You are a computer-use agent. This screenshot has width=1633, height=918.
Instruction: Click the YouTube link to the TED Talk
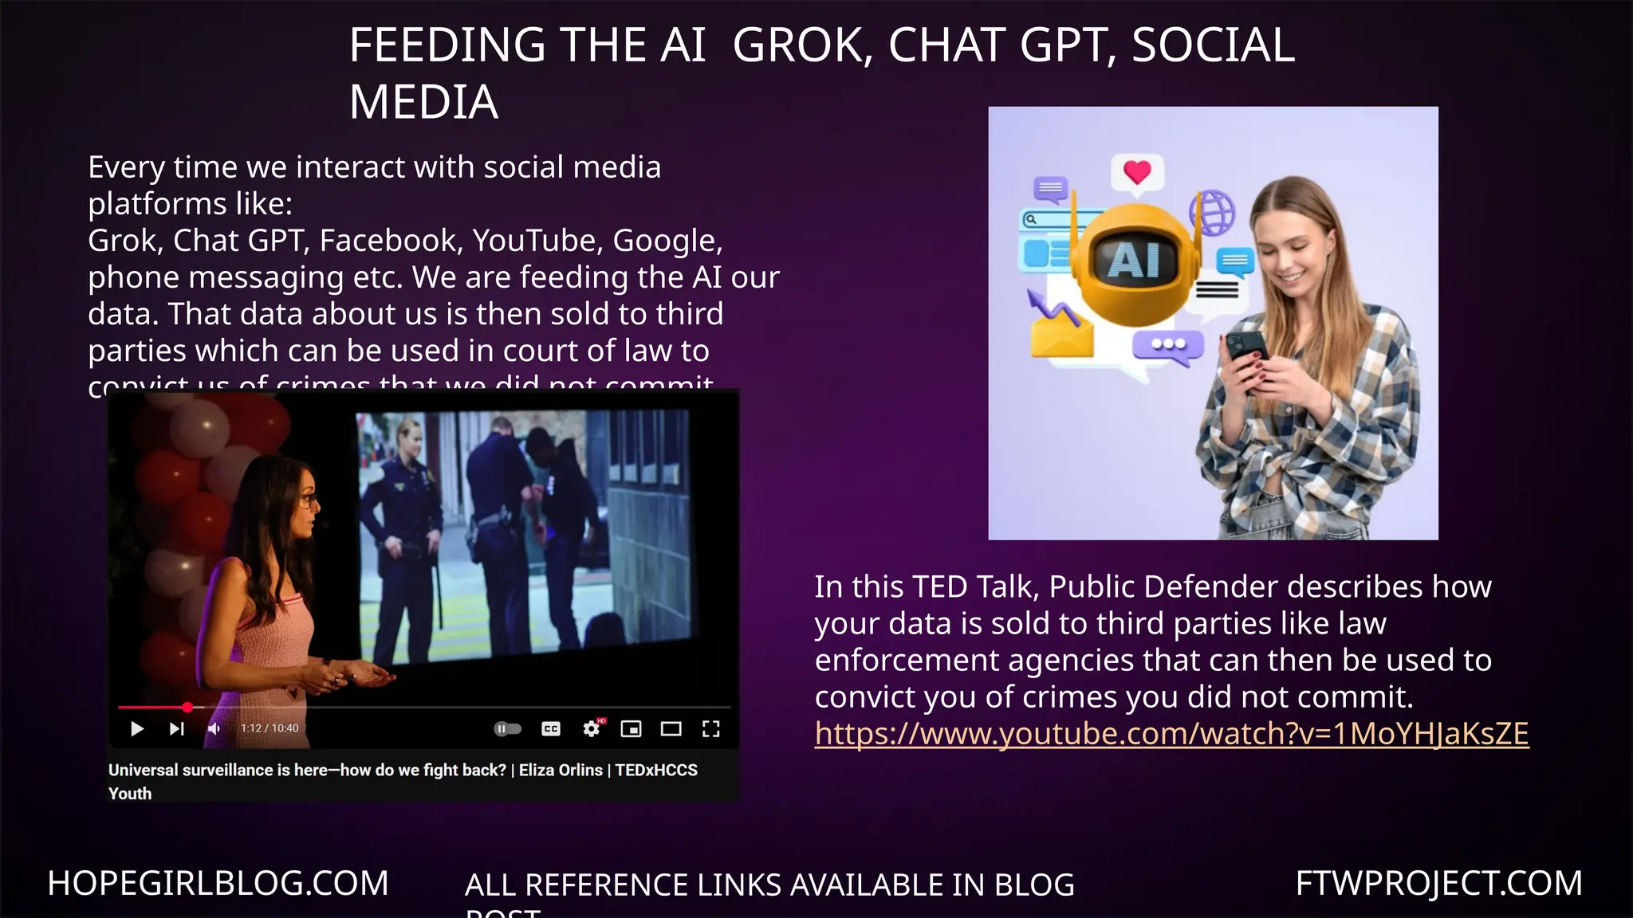click(1171, 734)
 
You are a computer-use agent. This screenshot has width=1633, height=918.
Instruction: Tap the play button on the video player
click(136, 728)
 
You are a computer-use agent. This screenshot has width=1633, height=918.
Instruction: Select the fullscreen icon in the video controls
click(710, 728)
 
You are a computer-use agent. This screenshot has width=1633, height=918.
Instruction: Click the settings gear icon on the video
click(591, 728)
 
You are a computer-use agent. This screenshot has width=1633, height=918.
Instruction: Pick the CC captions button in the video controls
click(551, 728)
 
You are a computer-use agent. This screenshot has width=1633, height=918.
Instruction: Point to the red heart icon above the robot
click(1137, 171)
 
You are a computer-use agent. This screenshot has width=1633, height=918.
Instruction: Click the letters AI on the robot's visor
click(1134, 260)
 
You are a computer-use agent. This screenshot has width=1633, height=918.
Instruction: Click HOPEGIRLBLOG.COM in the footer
click(218, 883)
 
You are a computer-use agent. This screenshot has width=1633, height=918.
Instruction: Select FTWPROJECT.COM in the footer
click(1438, 883)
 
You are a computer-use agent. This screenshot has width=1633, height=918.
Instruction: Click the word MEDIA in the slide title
click(423, 103)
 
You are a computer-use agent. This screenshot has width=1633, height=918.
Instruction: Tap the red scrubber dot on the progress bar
click(187, 707)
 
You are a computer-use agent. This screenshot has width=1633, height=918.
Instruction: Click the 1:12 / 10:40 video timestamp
click(270, 728)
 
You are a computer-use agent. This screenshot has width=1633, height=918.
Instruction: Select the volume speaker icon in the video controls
click(214, 728)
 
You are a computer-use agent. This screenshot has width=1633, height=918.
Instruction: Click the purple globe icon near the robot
click(1212, 212)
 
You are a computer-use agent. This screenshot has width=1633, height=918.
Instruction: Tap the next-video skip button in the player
click(176, 728)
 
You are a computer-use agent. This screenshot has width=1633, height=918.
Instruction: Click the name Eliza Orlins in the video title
click(561, 770)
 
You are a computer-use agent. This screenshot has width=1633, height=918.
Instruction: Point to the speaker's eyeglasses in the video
click(308, 500)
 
